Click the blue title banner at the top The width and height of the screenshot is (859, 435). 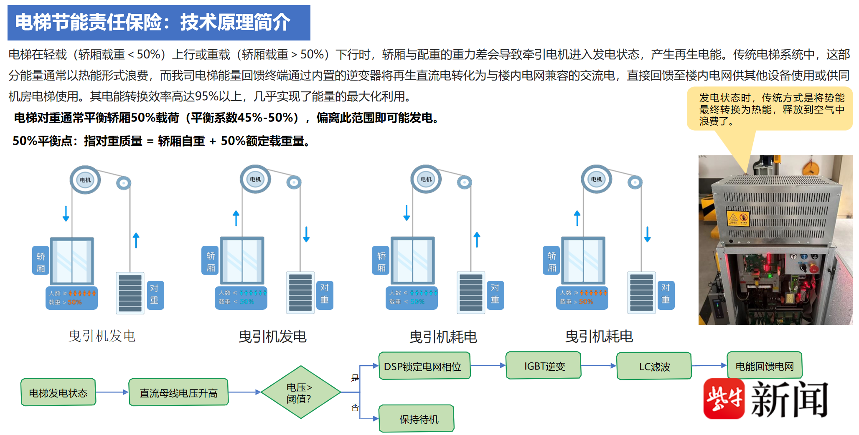click(159, 23)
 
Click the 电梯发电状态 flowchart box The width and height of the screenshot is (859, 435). click(58, 392)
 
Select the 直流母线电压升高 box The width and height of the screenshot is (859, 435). click(178, 392)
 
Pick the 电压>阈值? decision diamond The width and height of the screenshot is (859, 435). click(300, 392)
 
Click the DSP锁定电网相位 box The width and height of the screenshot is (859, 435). click(424, 366)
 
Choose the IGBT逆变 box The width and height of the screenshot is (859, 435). click(544, 366)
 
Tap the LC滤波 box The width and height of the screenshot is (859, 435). click(654, 366)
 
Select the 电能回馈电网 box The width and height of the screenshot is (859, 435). click(764, 366)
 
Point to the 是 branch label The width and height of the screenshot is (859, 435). click(355, 378)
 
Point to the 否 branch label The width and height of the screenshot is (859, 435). click(355, 407)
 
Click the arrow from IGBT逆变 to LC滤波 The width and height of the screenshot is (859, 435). click(599, 366)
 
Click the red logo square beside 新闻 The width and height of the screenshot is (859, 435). click(724, 399)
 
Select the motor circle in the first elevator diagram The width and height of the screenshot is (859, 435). click(85, 180)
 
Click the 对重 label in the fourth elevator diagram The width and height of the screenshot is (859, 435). click(666, 293)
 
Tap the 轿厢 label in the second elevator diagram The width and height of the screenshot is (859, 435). click(211, 262)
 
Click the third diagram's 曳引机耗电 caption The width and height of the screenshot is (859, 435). click(443, 336)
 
